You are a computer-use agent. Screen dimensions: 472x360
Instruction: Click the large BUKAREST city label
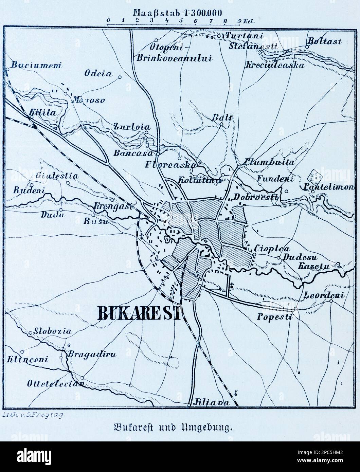click(139, 313)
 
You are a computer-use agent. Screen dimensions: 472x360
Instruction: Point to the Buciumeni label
click(35, 65)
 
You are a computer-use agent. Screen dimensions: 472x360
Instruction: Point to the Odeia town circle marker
click(120, 77)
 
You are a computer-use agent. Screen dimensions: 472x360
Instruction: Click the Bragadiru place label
click(92, 355)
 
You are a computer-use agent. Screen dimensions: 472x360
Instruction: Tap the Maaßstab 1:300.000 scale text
click(178, 13)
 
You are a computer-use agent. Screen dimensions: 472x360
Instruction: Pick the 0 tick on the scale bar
click(108, 21)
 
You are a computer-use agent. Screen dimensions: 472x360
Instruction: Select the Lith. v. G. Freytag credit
click(33, 415)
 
